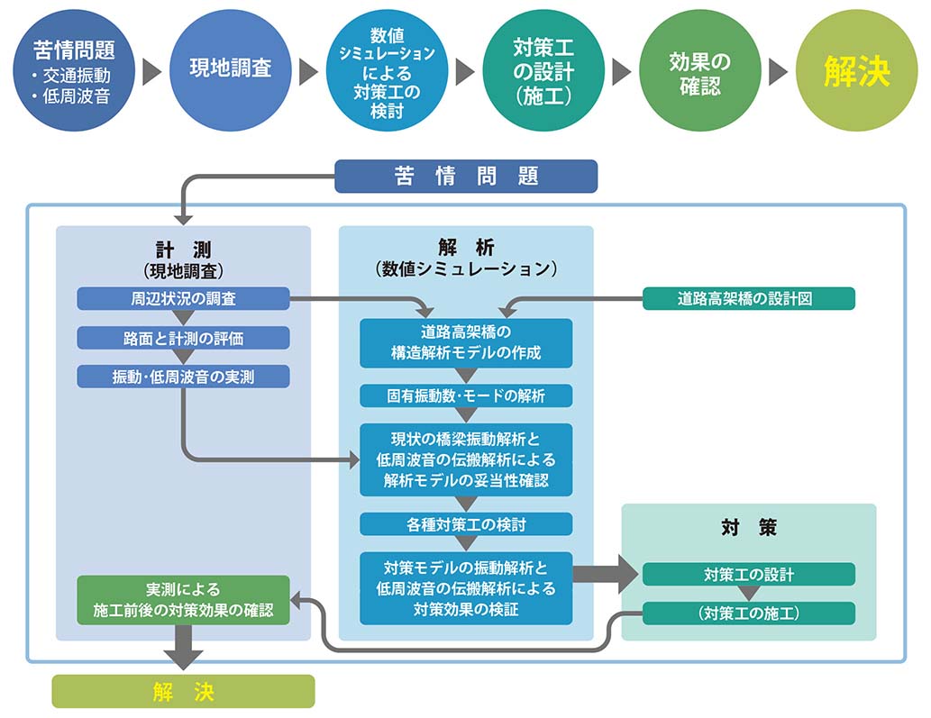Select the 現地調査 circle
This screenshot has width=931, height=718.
pos(230,68)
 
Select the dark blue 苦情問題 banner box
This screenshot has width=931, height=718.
pos(466,177)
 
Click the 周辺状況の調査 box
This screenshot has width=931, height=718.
pos(183,298)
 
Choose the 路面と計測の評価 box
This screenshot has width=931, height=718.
pos(183,338)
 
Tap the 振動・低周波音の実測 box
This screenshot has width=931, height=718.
pos(183,377)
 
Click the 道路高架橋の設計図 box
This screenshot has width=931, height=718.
pos(748,298)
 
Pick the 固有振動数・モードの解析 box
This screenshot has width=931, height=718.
pos(466,395)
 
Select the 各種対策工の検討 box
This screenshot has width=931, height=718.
pos(466,523)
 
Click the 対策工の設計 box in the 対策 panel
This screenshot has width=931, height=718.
pos(748,574)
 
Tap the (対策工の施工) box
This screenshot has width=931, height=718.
pos(748,613)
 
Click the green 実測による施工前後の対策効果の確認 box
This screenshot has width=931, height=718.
pos(183,600)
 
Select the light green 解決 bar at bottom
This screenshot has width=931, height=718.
pos(183,691)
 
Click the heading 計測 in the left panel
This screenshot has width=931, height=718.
pos(183,250)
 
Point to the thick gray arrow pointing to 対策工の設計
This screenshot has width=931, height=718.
pos(605,575)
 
